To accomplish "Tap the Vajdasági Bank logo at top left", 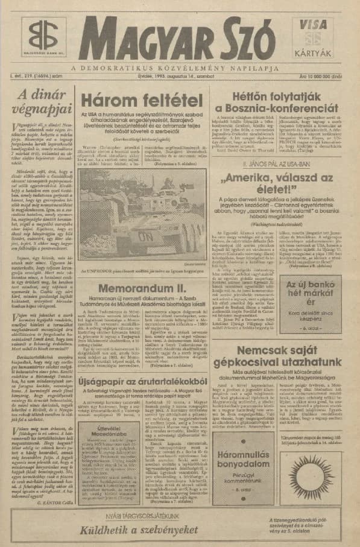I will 43,37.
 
